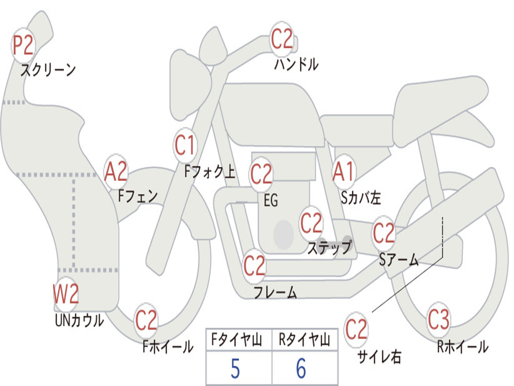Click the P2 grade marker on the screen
click(23, 45)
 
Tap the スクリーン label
click(48, 70)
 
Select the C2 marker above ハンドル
click(282, 39)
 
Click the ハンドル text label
click(296, 64)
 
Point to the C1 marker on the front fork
click(185, 145)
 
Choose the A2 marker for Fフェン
click(116, 172)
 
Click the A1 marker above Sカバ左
click(343, 172)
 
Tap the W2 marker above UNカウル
click(66, 294)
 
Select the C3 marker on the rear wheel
click(438, 319)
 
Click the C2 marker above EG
click(261, 174)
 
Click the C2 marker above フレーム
click(254, 265)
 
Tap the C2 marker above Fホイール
click(146, 320)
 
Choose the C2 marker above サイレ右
click(356, 329)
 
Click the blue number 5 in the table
click(235, 368)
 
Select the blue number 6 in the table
click(301, 368)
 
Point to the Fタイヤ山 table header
click(237, 340)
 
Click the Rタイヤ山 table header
click(304, 340)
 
